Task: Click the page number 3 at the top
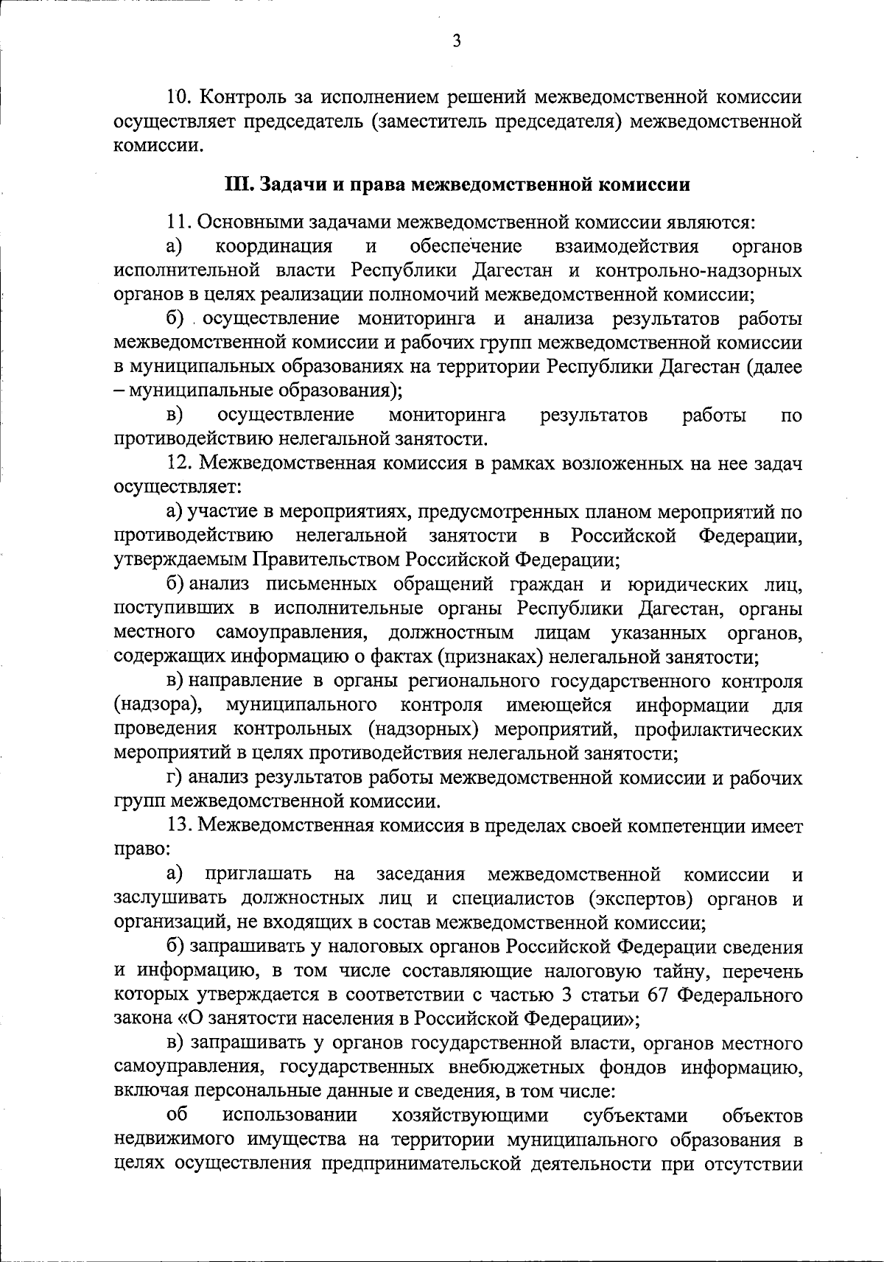pyautogui.click(x=456, y=43)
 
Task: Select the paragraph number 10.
pyautogui.click(x=180, y=97)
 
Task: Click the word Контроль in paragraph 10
pyautogui.click(x=241, y=97)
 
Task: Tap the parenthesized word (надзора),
pyautogui.click(x=158, y=705)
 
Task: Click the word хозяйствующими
pyautogui.click(x=470, y=1116)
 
